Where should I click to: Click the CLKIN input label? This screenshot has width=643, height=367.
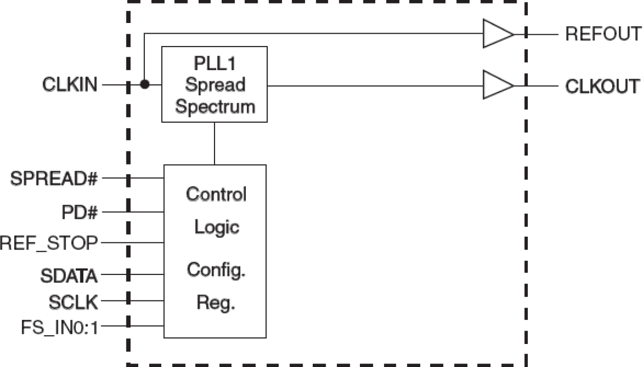pos(69,85)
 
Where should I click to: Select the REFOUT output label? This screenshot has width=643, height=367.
pos(603,34)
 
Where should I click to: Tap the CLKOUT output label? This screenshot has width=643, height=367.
pos(603,85)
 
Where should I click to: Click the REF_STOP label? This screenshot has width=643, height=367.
pos(49,243)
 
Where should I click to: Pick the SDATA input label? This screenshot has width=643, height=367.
pos(70,277)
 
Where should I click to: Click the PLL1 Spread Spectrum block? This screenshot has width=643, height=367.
pos(215,84)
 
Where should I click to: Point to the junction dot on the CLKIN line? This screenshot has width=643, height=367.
pos(145,85)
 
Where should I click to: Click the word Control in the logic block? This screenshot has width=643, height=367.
pos(216,194)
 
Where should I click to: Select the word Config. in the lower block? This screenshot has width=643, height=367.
pos(216,269)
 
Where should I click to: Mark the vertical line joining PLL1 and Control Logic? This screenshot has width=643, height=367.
pos(215,144)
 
